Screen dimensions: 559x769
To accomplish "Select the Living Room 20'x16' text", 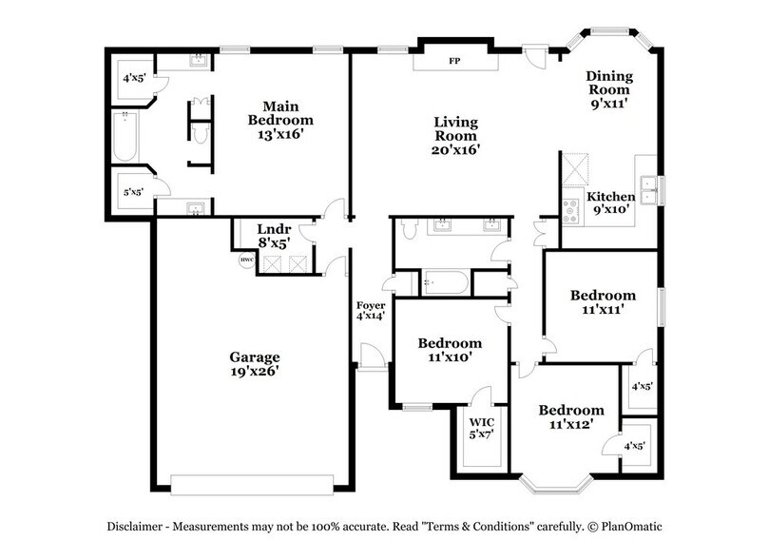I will (456, 135).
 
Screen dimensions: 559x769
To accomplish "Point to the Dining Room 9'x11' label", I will (609, 88).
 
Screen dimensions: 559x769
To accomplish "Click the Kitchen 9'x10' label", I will (609, 202).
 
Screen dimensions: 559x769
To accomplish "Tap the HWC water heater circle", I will (245, 260).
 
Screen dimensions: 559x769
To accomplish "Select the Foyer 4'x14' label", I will (370, 310).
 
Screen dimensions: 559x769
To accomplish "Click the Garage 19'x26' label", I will (254, 364).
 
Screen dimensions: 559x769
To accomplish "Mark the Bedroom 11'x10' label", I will (449, 349).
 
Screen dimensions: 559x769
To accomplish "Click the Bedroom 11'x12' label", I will (571, 416).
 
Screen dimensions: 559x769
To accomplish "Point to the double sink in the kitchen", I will (650, 190).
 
